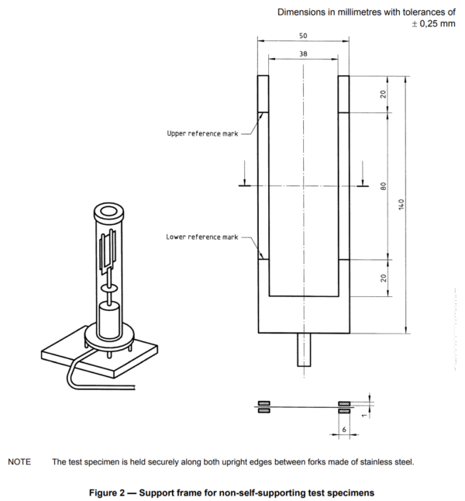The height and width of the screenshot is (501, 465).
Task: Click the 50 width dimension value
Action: tap(302, 36)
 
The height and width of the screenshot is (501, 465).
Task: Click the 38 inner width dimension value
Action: tap(302, 54)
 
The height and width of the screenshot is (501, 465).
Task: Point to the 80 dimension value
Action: tap(383, 187)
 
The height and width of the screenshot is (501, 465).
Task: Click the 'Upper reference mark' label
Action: tap(203, 133)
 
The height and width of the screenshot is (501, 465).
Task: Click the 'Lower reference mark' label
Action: tap(202, 237)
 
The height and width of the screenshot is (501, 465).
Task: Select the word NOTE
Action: tap(19, 462)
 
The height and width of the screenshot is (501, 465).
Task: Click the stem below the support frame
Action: tap(302, 351)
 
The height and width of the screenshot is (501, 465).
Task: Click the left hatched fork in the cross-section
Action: tap(263, 406)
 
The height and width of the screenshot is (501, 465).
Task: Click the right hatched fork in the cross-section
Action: tap(343, 406)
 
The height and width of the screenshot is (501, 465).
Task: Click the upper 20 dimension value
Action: tap(383, 95)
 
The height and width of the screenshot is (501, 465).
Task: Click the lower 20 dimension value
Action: tap(383, 278)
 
